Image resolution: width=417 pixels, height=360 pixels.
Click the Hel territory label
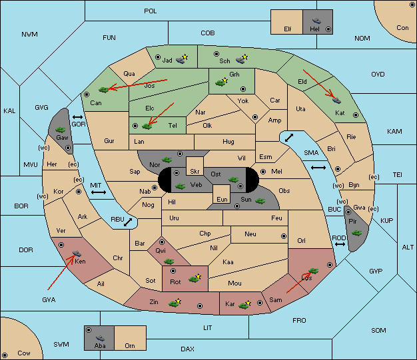point(314,29)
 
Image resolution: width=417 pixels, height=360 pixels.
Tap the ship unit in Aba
point(101,338)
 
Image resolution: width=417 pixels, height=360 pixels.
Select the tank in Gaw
point(61,130)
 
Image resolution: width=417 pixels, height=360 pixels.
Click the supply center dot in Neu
point(284,236)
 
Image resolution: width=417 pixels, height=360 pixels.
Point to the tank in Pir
point(356,233)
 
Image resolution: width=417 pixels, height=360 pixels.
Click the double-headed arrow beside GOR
point(78,117)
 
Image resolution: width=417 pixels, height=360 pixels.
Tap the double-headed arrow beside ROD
point(340,244)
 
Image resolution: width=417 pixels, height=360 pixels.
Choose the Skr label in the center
point(195,172)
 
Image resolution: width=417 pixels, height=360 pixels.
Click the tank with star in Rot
point(195,278)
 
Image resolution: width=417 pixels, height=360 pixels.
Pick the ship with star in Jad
point(182,59)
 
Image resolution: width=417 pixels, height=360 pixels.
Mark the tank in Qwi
point(169,262)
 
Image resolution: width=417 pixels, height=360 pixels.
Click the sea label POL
point(151,11)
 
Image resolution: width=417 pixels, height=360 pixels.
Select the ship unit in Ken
point(77,253)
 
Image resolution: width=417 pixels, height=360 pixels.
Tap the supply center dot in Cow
point(5,355)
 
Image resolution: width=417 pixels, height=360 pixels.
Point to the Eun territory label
point(222,199)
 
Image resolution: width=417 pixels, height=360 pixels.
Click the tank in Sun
point(260,201)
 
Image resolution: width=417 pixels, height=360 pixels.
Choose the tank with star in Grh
point(222,82)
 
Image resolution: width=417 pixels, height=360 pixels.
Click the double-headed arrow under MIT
point(99,192)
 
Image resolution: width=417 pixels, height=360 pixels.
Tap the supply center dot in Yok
point(255,117)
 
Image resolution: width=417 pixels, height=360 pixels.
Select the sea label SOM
point(378,330)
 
